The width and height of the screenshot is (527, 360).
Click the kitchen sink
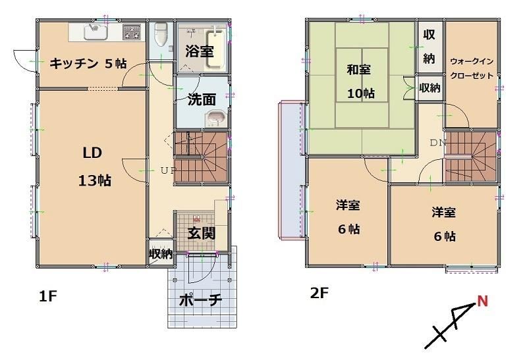tap(96, 32)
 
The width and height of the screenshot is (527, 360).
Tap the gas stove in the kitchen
tap(132, 32)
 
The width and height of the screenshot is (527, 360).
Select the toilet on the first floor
tap(161, 34)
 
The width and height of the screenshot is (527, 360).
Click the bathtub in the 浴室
tap(215, 48)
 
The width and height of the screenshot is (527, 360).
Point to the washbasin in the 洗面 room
tap(215, 118)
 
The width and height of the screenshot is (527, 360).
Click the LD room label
tap(92, 153)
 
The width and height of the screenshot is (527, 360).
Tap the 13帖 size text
tap(95, 181)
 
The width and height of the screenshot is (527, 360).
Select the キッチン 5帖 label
tap(88, 63)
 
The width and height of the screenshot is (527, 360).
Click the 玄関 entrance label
tap(201, 234)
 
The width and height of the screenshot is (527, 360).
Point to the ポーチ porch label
tap(200, 300)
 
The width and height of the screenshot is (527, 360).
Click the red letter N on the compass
tap(483, 301)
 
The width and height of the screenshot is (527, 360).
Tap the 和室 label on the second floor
tap(358, 70)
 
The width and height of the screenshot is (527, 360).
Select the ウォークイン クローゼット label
tap(472, 68)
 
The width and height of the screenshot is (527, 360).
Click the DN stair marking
tap(438, 143)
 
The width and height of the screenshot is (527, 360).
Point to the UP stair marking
tap(168, 170)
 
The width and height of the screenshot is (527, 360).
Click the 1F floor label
tap(48, 297)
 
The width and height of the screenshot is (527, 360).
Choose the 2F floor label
tap(319, 294)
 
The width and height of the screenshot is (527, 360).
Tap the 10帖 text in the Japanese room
tap(360, 93)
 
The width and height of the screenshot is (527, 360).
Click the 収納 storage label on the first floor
tap(161, 254)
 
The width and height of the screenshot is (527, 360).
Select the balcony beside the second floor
tap(292, 170)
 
